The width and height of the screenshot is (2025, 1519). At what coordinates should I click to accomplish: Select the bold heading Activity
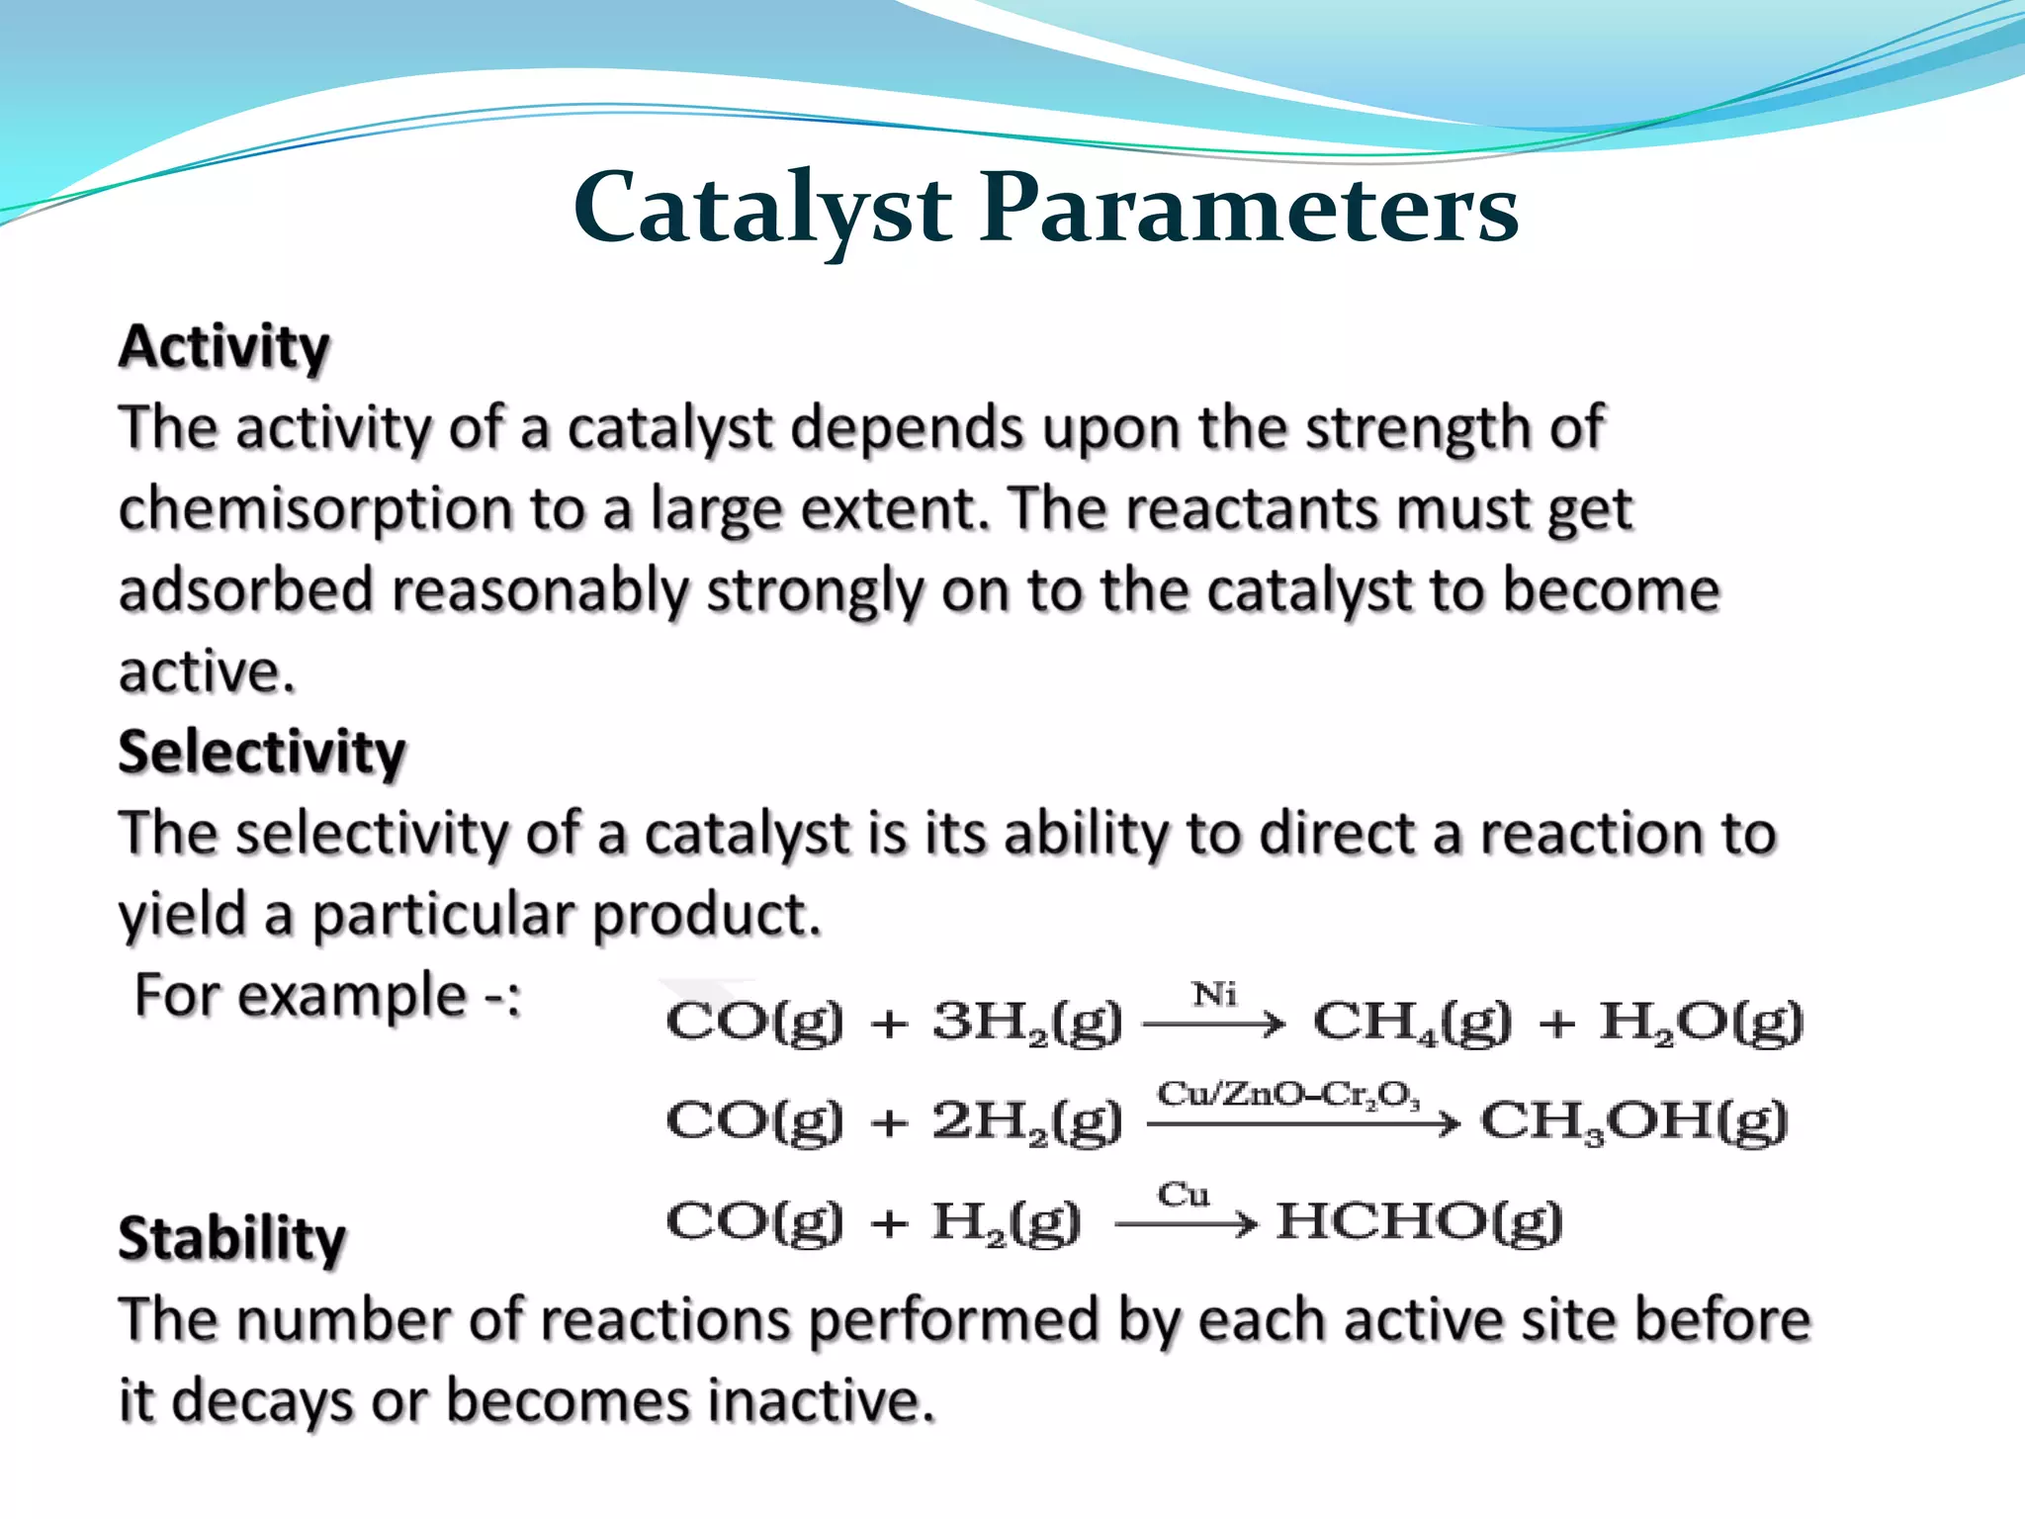coord(223,348)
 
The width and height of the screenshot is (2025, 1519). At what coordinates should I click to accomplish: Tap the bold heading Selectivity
coord(262,753)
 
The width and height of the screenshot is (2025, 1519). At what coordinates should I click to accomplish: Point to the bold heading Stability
coord(232,1238)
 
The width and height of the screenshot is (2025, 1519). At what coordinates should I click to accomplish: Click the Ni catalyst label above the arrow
coord(1214,993)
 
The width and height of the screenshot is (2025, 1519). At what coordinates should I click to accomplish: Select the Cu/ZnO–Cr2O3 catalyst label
coord(1288,1095)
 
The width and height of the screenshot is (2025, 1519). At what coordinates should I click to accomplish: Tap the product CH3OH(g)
coord(1633,1121)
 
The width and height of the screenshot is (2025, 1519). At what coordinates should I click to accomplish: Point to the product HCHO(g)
coord(1419,1222)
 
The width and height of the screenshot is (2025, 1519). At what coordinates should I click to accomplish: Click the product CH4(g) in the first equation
coord(1412,1022)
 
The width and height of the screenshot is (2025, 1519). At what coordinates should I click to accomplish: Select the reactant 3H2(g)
coord(1027,1022)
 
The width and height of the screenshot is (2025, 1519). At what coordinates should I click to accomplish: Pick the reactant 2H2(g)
coord(1027,1121)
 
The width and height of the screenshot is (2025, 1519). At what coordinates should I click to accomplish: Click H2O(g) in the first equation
coord(1702,1022)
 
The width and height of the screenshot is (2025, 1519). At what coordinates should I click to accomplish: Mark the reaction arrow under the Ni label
coord(1214,1026)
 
